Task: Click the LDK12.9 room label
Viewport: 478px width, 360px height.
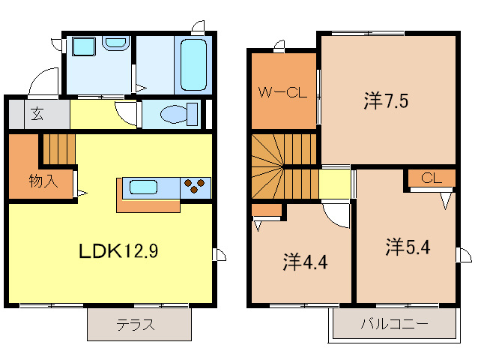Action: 118,252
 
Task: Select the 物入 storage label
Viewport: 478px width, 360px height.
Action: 41,181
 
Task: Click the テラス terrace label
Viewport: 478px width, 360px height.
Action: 136,325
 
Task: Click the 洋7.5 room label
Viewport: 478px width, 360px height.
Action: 386,101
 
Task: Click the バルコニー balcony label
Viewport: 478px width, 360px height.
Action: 393,325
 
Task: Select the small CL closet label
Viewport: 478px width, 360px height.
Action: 430,178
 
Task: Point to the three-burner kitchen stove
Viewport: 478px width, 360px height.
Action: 196,186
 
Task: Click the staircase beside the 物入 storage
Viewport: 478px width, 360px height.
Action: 58,148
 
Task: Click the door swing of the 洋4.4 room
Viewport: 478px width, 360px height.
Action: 336,216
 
